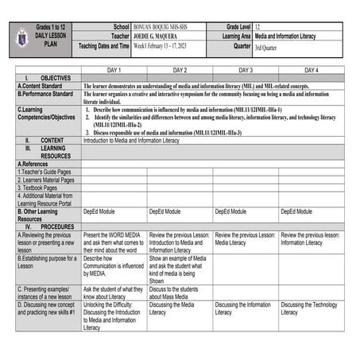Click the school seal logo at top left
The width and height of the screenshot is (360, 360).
coord(23,37)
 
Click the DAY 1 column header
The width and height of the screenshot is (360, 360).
coord(114,70)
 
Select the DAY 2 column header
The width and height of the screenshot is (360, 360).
coord(180,70)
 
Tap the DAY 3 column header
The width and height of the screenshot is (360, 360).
coord(246,70)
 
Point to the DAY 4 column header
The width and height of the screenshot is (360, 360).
coord(312,70)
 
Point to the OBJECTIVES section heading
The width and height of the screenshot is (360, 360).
coord(56,78)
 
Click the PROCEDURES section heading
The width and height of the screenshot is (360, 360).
coord(56,226)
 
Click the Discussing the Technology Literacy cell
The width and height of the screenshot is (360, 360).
coord(309,308)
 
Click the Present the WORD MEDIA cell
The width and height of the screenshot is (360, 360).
coord(113,242)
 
